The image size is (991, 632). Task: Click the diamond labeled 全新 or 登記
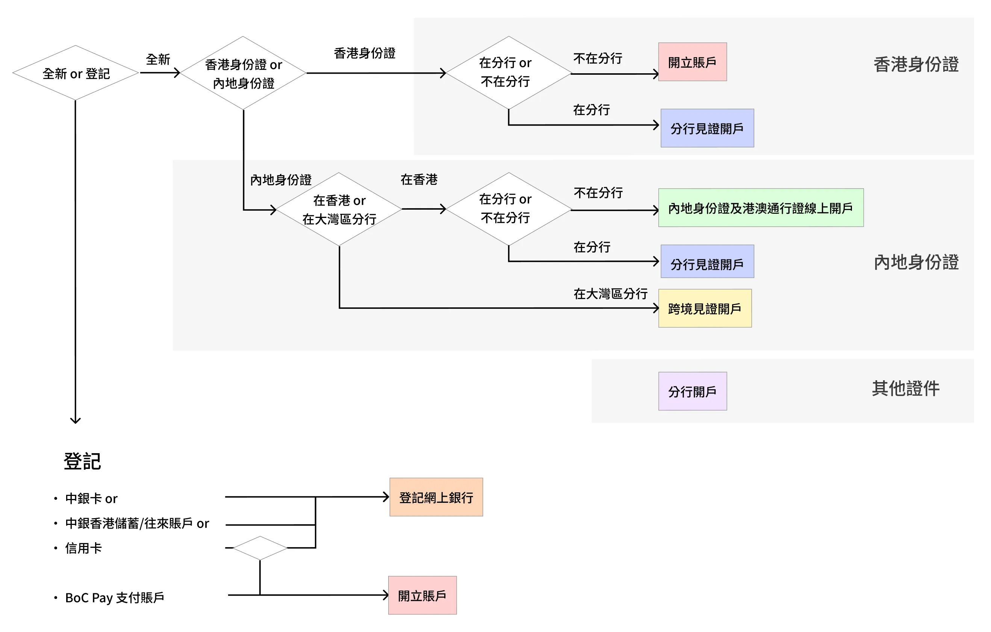click(x=76, y=73)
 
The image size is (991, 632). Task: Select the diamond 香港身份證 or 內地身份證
click(x=243, y=73)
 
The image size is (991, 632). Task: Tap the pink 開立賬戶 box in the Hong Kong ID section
click(x=692, y=62)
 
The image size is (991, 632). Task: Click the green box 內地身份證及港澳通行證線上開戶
click(x=761, y=208)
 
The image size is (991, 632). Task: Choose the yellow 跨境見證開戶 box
click(x=705, y=308)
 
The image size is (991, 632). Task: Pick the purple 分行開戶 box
click(x=692, y=391)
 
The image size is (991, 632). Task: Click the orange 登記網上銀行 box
click(x=436, y=497)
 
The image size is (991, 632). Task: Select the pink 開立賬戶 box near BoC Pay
click(x=422, y=596)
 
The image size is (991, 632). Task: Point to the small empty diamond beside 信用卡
click(x=260, y=548)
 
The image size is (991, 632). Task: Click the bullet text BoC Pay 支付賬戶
click(x=114, y=597)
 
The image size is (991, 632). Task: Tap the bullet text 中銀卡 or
click(x=91, y=499)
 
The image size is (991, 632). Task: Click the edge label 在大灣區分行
click(x=610, y=294)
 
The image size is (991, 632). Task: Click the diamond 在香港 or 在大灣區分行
click(x=339, y=209)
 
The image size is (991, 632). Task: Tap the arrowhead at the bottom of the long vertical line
click(x=75, y=420)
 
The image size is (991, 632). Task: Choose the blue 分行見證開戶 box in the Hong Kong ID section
click(x=707, y=129)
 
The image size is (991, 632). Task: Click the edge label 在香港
click(x=419, y=179)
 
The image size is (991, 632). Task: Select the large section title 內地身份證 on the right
click(x=916, y=262)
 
